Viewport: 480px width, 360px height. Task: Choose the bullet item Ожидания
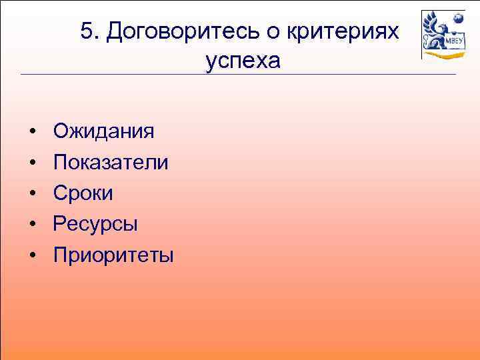(x=103, y=131)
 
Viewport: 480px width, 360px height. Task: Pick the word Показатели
(x=111, y=162)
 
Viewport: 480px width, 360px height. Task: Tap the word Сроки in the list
(x=83, y=193)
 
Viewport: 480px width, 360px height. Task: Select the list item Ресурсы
(x=95, y=224)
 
